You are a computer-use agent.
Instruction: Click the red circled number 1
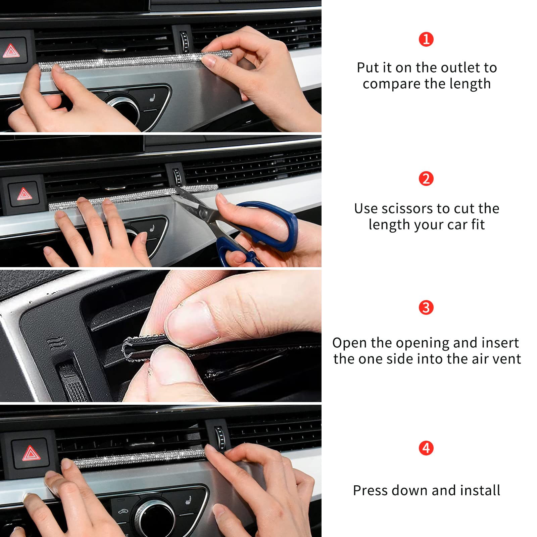426,39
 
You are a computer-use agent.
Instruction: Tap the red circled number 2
426,179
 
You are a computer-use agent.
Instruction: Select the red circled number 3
426,307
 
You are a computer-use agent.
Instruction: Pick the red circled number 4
426,448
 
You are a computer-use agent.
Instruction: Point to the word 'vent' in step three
507,359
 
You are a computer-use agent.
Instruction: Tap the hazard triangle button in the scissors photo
24,194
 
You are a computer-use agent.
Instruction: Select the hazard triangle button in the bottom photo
31,453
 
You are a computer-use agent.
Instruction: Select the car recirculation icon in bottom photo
123,512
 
